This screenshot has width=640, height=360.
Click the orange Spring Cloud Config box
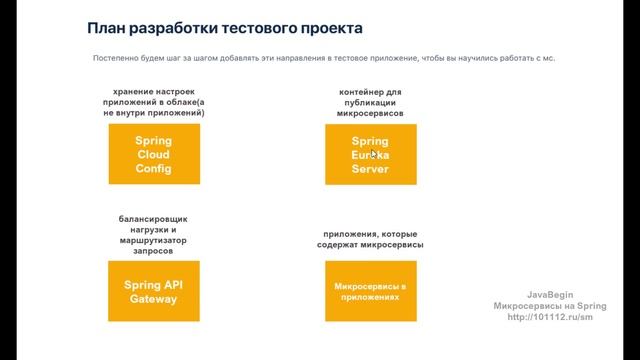pyautogui.click(x=153, y=155)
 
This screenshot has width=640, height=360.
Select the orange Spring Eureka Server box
pyautogui.click(x=370, y=155)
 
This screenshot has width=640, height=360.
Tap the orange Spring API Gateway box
pyautogui.click(x=153, y=291)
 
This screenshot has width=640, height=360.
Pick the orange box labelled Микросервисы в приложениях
pyautogui.click(x=370, y=291)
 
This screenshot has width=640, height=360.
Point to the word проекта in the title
pyautogui.click(x=324, y=29)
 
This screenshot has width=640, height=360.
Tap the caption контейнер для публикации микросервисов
pyautogui.click(x=370, y=103)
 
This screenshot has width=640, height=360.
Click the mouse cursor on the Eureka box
pyautogui.click(x=374, y=154)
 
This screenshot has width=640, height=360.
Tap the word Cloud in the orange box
pyautogui.click(x=153, y=155)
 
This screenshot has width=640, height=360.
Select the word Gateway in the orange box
pyautogui.click(x=153, y=299)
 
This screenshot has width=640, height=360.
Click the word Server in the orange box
pyautogui.click(x=370, y=169)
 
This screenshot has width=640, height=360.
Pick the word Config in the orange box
pyautogui.click(x=153, y=169)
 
